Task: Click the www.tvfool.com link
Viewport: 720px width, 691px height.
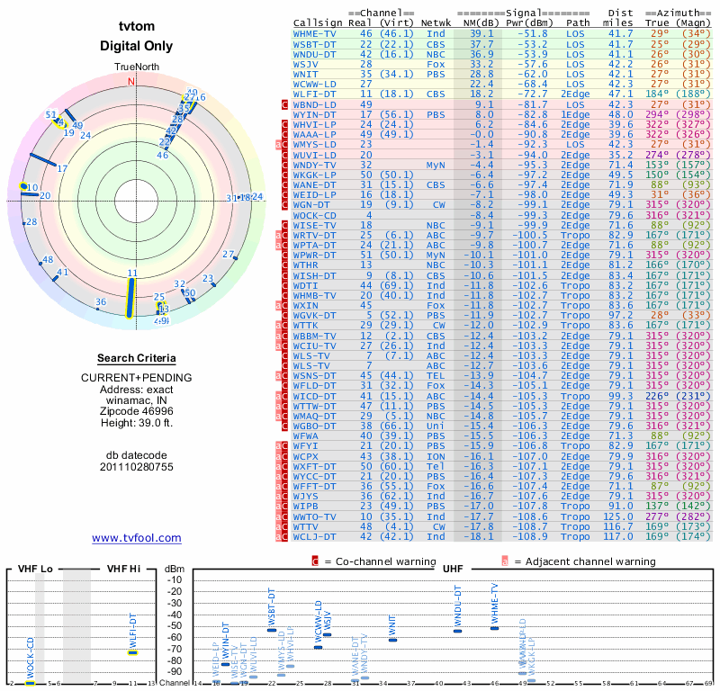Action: coord(137,538)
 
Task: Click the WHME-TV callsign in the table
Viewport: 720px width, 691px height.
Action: coord(315,33)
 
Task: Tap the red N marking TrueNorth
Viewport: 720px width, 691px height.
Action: coord(131,81)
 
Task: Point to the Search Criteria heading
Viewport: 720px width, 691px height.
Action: coord(136,358)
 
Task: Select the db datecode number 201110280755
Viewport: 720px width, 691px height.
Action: coord(136,467)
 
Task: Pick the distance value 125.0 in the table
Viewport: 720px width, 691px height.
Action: coord(619,517)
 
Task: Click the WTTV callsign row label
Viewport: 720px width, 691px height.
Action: coord(309,527)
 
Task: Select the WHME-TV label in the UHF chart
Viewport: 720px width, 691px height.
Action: coord(493,606)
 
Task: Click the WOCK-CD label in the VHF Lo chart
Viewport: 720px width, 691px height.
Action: coord(30,660)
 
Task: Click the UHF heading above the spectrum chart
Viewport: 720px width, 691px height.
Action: coord(453,570)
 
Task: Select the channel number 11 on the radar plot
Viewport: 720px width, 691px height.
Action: coord(132,273)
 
